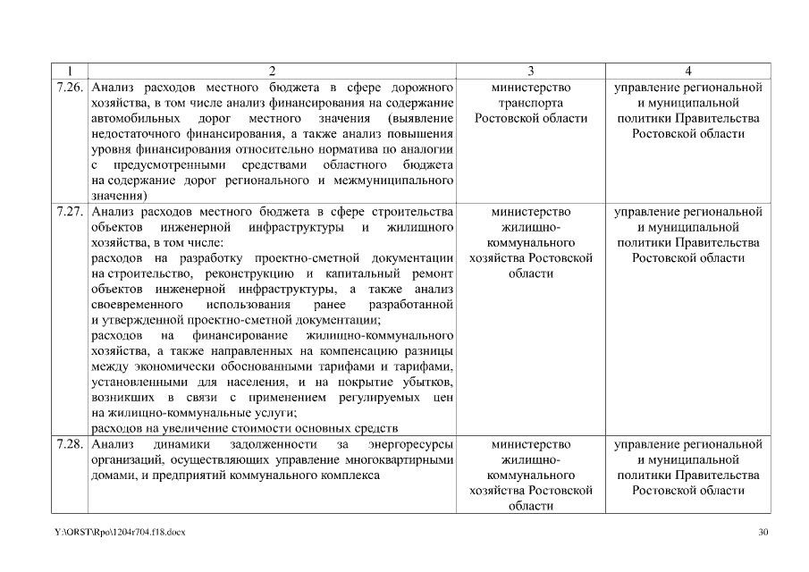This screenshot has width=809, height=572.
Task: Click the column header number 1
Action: (x=69, y=71)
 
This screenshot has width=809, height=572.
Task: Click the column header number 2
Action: (x=273, y=71)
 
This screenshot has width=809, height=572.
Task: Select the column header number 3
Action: (x=531, y=71)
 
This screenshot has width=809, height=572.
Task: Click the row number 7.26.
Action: (x=70, y=88)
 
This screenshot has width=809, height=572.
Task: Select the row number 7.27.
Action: (x=70, y=213)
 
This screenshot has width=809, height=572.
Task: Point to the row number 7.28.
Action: (x=70, y=444)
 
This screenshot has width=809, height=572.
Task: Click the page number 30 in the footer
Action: (x=763, y=533)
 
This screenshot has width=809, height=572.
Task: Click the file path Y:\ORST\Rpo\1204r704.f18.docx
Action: (x=120, y=533)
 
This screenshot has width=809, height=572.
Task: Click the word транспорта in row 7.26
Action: (x=531, y=104)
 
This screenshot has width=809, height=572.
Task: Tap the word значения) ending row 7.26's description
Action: (x=121, y=196)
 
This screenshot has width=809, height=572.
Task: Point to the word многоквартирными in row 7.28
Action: (x=398, y=459)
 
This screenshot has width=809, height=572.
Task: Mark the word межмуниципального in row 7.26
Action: (x=398, y=181)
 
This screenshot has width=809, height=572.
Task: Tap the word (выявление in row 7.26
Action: (x=420, y=119)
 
